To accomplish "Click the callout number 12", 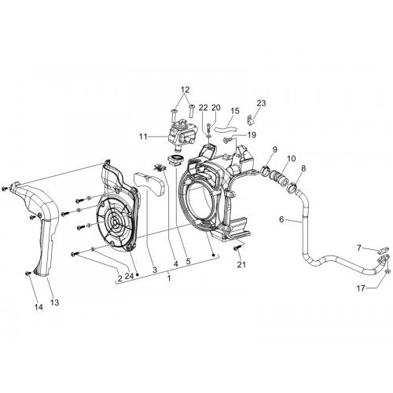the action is [x=185, y=90].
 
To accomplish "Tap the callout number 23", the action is [x=261, y=103].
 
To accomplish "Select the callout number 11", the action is [x=143, y=137].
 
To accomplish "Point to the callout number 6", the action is [x=281, y=219].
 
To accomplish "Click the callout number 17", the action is [x=361, y=288].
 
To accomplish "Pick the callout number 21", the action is [x=241, y=265].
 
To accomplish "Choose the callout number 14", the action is [x=39, y=307].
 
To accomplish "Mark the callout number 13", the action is [x=55, y=303].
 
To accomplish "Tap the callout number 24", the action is [x=129, y=276].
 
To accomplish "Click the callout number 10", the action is [x=291, y=159].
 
